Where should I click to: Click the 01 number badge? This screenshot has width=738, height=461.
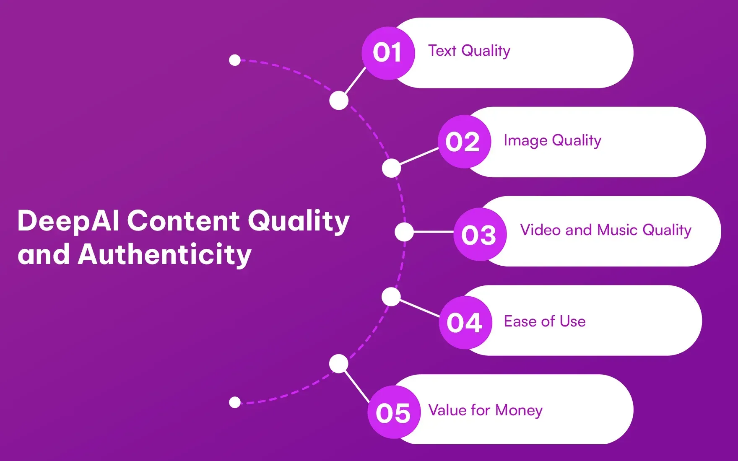(388, 53)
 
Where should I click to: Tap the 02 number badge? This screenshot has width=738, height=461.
(464, 142)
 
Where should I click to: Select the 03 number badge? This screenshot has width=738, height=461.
(480, 234)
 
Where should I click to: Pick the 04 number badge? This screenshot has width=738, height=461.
(465, 322)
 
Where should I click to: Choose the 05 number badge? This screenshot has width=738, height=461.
(394, 412)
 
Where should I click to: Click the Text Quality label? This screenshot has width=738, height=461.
(469, 51)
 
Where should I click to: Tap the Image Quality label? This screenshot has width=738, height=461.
(552, 141)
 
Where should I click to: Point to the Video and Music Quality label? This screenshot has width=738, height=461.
(605, 230)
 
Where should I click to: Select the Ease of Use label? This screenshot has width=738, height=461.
(544, 321)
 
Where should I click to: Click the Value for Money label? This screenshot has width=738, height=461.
(485, 410)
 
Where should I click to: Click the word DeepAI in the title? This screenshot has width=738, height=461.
(68, 221)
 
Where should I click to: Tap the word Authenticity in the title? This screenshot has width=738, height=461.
(164, 255)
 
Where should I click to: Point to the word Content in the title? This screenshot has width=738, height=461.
(184, 221)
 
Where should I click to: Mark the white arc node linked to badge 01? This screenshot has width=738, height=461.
(339, 101)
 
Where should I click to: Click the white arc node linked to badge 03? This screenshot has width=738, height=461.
(404, 232)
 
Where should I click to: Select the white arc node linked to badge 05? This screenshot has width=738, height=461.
(339, 363)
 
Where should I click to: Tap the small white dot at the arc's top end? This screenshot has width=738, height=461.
(235, 60)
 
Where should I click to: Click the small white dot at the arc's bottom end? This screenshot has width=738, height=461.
(235, 402)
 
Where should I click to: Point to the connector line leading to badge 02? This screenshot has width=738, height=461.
(419, 156)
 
